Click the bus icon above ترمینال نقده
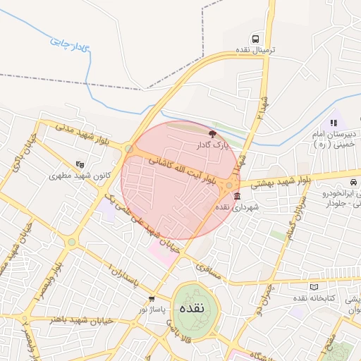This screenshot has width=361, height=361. (255, 39)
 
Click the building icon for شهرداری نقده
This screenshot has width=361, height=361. (235, 195)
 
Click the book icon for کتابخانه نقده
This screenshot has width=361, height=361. (314, 287)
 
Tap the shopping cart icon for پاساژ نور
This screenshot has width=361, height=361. (152, 299)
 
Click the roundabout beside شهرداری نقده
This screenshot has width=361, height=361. (229, 185)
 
